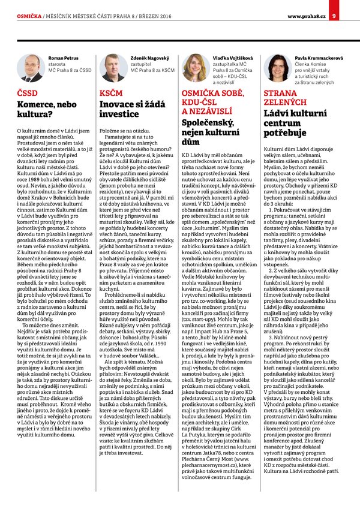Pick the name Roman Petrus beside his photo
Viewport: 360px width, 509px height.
[63, 58]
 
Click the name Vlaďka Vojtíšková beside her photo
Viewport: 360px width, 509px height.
[229, 58]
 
